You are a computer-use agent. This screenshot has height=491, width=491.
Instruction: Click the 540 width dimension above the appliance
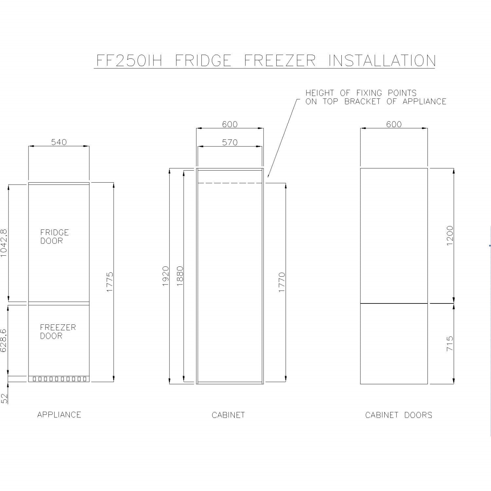(x=59, y=142)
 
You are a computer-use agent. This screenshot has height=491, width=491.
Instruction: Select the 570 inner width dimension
(x=230, y=142)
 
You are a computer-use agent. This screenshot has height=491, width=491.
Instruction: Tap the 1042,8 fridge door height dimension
(x=4, y=243)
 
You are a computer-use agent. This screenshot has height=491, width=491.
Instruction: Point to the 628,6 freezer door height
(x=4, y=341)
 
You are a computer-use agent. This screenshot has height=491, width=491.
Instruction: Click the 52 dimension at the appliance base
(x=4, y=398)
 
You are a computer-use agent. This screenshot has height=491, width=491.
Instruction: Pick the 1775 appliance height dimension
(x=110, y=282)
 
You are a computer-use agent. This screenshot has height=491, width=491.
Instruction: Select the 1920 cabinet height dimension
(x=166, y=276)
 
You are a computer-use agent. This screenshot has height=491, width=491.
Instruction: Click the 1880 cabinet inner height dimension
(x=180, y=276)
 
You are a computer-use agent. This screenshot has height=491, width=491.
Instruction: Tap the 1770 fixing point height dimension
(x=282, y=282)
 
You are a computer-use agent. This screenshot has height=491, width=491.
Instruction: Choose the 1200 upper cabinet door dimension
(x=450, y=235)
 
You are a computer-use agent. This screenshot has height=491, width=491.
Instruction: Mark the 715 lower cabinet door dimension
(x=450, y=343)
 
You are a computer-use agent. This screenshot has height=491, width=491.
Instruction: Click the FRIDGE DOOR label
(x=54, y=237)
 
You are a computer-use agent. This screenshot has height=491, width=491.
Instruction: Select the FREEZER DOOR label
(x=58, y=332)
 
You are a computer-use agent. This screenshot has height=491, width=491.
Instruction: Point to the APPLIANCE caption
(x=59, y=415)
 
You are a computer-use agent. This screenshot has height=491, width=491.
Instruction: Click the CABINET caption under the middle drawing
(x=228, y=415)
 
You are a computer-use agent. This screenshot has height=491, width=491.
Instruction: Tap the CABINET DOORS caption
(x=399, y=415)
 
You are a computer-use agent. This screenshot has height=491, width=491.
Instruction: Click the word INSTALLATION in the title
(x=382, y=61)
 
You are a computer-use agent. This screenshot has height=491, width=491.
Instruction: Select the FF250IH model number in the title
(x=129, y=61)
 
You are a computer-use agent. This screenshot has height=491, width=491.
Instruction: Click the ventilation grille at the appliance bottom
(x=59, y=379)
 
